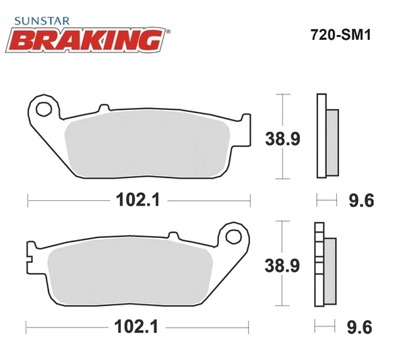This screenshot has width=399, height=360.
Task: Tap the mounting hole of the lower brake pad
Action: point(234,236)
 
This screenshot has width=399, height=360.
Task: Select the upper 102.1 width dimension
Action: point(133,200)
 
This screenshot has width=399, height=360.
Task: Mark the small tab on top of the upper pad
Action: point(103,108)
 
